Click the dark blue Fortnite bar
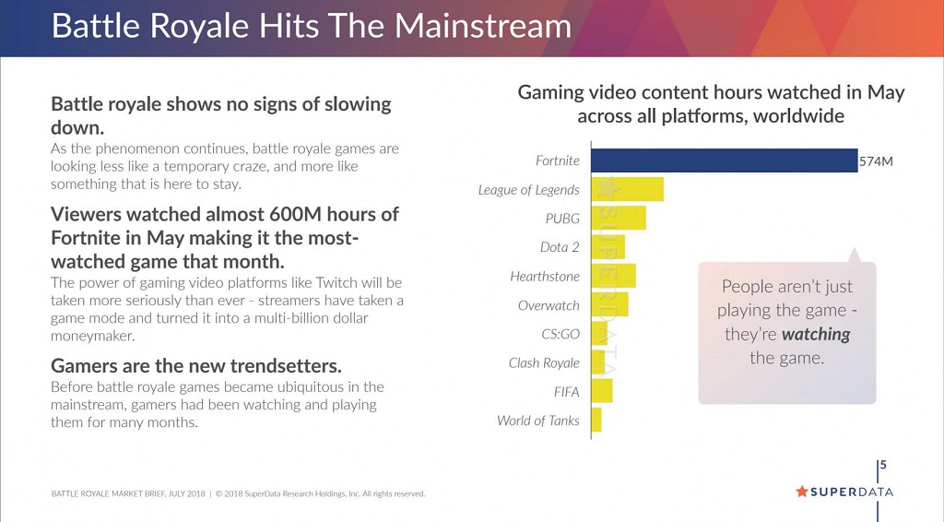click(724, 160)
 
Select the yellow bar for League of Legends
click(627, 189)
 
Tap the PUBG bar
click(618, 219)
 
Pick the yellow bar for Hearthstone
click(613, 276)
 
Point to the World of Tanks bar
click(596, 421)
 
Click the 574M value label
click(876, 161)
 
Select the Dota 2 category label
click(560, 247)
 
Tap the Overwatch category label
click(549, 305)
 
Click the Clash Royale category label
click(544, 362)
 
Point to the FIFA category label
click(566, 392)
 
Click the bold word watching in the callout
click(816, 334)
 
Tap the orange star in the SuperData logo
click(801, 492)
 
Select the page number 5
click(883, 465)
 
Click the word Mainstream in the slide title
click(483, 25)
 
